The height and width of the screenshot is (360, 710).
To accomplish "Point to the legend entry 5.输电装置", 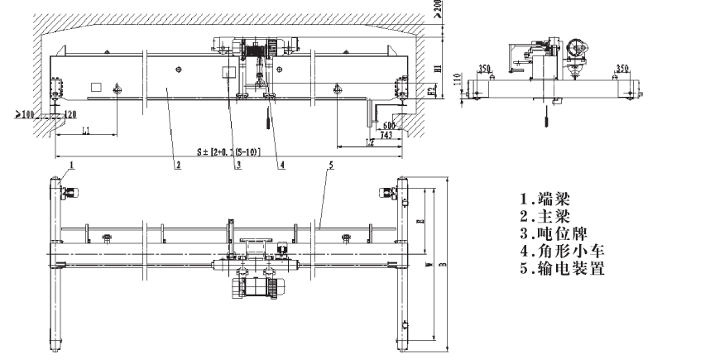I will click(562, 269).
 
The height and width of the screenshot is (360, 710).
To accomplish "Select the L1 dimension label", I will click(86, 131).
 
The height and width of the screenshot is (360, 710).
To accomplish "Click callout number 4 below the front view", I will click(282, 165).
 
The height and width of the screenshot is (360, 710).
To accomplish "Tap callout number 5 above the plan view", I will click(330, 166).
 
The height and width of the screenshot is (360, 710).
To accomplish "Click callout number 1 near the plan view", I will click(72, 166).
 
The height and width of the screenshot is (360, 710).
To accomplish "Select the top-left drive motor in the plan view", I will click(69, 194).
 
